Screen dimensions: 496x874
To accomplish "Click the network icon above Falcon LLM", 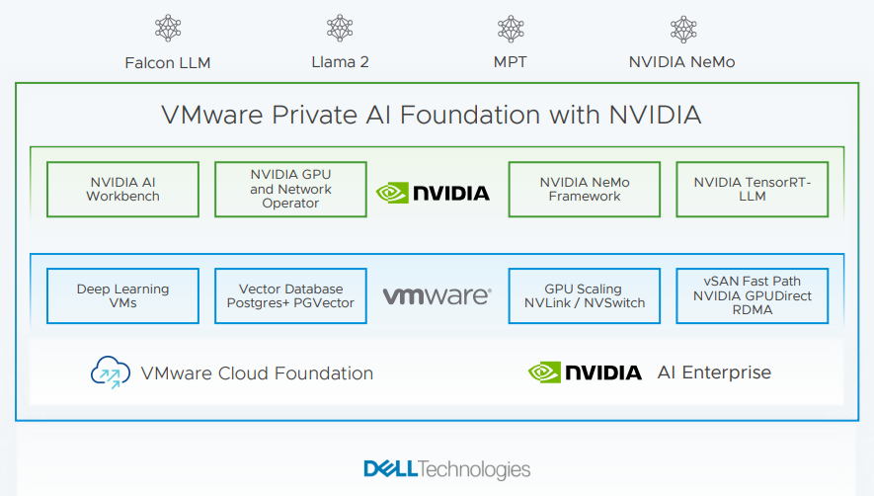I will [x=168, y=29].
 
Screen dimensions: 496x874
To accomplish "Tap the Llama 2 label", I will [x=340, y=62].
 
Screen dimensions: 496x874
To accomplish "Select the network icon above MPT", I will [x=511, y=29].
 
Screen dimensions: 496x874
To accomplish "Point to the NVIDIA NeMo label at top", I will [x=681, y=62].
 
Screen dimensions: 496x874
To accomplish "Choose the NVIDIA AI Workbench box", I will [x=123, y=189].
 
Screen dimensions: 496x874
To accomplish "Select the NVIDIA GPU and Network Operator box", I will [x=290, y=189].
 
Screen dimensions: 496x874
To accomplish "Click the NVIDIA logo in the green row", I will [x=434, y=192].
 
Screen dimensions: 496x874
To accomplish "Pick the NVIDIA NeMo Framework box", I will [x=585, y=189].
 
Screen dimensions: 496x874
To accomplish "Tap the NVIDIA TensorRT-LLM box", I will [x=752, y=189].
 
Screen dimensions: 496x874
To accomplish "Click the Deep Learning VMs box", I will [x=123, y=295].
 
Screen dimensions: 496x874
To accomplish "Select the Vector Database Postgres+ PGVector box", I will [x=290, y=295].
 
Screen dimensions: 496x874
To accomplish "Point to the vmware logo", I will [x=437, y=295].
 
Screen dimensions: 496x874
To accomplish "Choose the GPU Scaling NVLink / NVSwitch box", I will [x=585, y=295].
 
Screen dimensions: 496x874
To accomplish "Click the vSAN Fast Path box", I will [x=752, y=295].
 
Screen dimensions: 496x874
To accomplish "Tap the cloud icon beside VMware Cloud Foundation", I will [x=110, y=372].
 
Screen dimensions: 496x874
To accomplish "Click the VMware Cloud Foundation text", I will [x=257, y=373].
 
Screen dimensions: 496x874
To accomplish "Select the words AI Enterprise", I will [x=714, y=372].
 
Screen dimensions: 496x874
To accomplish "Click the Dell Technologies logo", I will [x=446, y=469].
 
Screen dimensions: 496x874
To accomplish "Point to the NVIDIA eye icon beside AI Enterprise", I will [x=544, y=372].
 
